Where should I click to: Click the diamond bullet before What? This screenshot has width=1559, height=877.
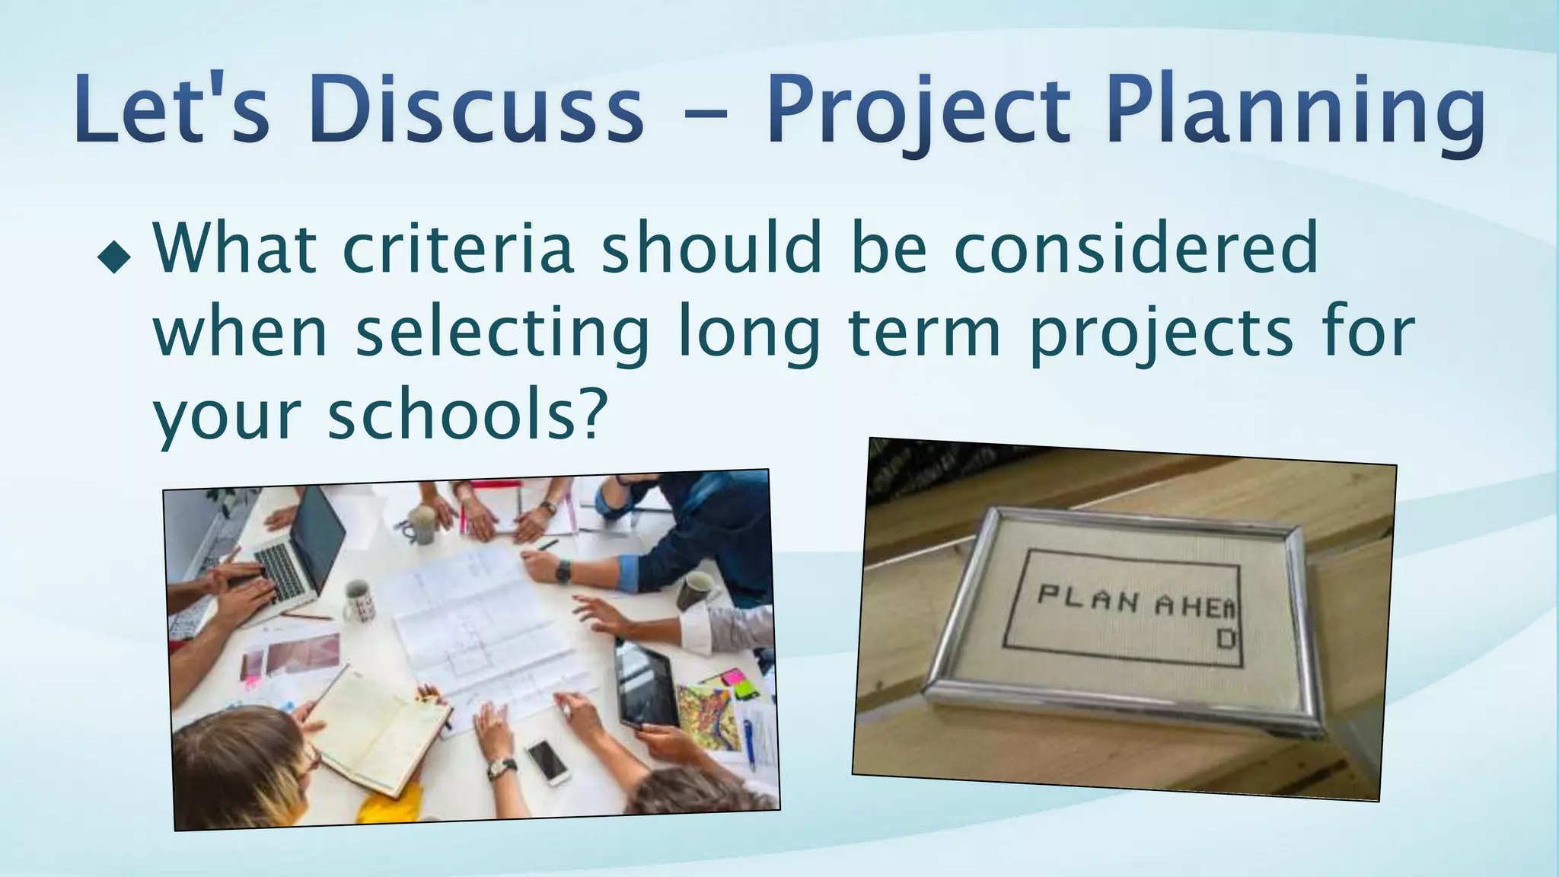pos(114,258)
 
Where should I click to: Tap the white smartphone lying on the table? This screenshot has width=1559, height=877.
pos(547,761)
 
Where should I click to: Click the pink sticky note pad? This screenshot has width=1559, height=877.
pos(733,676)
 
